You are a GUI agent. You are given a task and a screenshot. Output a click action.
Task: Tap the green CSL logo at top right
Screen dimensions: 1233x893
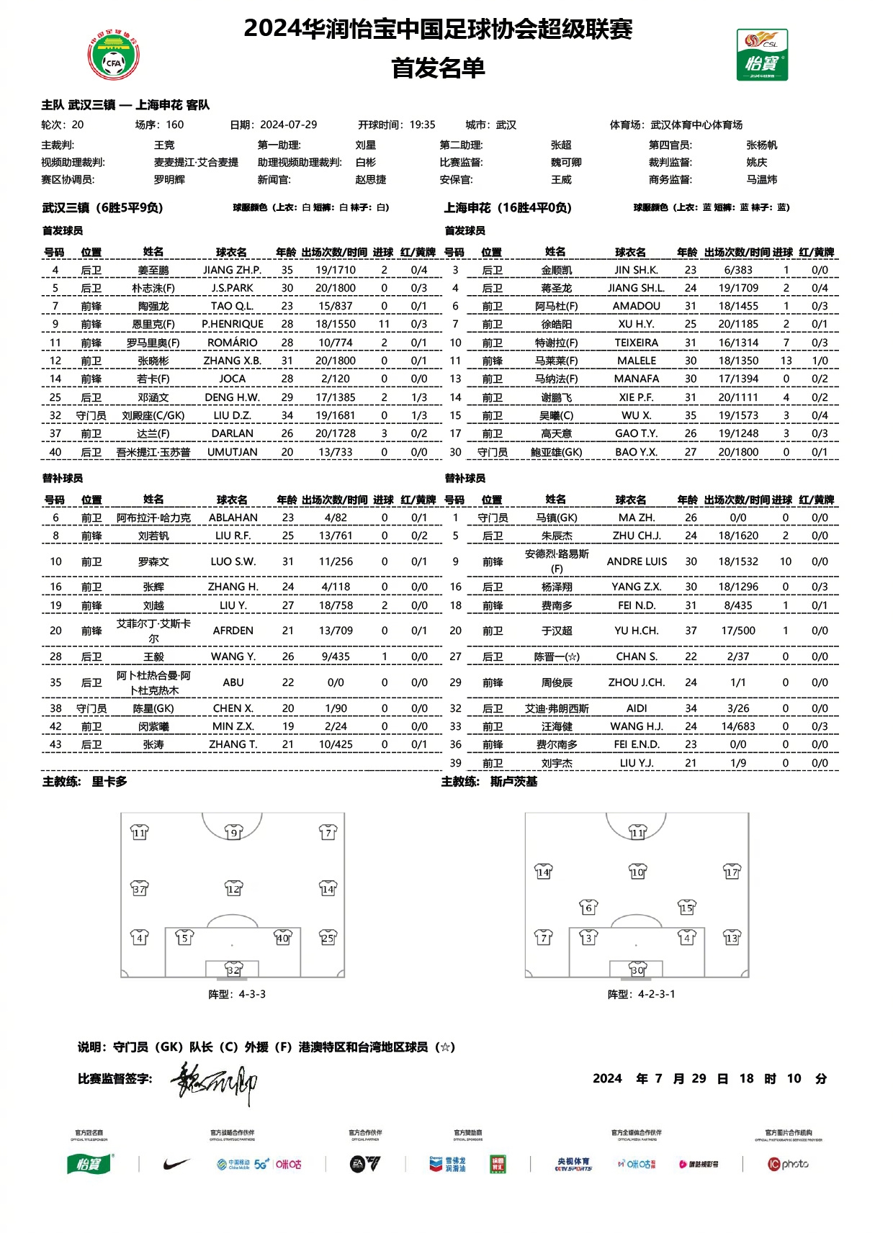click(x=762, y=55)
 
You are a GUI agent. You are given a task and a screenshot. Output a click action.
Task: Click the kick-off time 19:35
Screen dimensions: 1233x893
click(x=422, y=125)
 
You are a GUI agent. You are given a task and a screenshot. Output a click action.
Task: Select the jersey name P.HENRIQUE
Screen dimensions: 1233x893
click(x=233, y=324)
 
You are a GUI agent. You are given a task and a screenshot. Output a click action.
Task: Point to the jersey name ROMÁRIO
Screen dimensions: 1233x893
click(x=233, y=343)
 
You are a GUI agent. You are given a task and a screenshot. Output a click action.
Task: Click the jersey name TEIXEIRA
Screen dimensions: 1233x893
click(x=637, y=343)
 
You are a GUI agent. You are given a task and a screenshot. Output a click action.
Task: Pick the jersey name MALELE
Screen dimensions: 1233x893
click(x=637, y=361)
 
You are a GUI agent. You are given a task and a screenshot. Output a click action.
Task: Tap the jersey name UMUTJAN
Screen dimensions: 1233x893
click(x=233, y=452)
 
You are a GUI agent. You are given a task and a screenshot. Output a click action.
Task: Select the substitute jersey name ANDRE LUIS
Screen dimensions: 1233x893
click(x=637, y=561)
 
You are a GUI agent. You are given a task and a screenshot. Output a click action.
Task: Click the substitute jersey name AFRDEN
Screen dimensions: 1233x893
click(x=233, y=631)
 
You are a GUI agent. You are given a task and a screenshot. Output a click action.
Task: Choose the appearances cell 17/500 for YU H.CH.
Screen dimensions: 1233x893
click(x=738, y=631)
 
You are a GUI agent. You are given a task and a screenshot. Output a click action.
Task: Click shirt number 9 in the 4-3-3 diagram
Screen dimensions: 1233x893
click(x=233, y=833)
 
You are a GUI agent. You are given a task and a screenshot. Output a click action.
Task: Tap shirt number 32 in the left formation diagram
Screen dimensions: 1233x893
click(x=233, y=970)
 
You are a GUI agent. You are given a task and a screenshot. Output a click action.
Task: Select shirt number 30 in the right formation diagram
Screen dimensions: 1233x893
click(x=637, y=970)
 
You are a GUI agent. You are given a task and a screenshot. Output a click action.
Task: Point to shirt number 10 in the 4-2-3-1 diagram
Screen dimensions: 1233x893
click(x=637, y=872)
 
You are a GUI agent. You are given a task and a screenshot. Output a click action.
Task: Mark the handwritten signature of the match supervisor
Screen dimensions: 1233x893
click(x=213, y=1083)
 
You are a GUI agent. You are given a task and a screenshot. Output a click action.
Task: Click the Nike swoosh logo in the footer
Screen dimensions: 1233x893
click(x=176, y=1164)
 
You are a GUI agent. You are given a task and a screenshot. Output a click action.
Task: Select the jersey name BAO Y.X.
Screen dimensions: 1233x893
click(x=637, y=452)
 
